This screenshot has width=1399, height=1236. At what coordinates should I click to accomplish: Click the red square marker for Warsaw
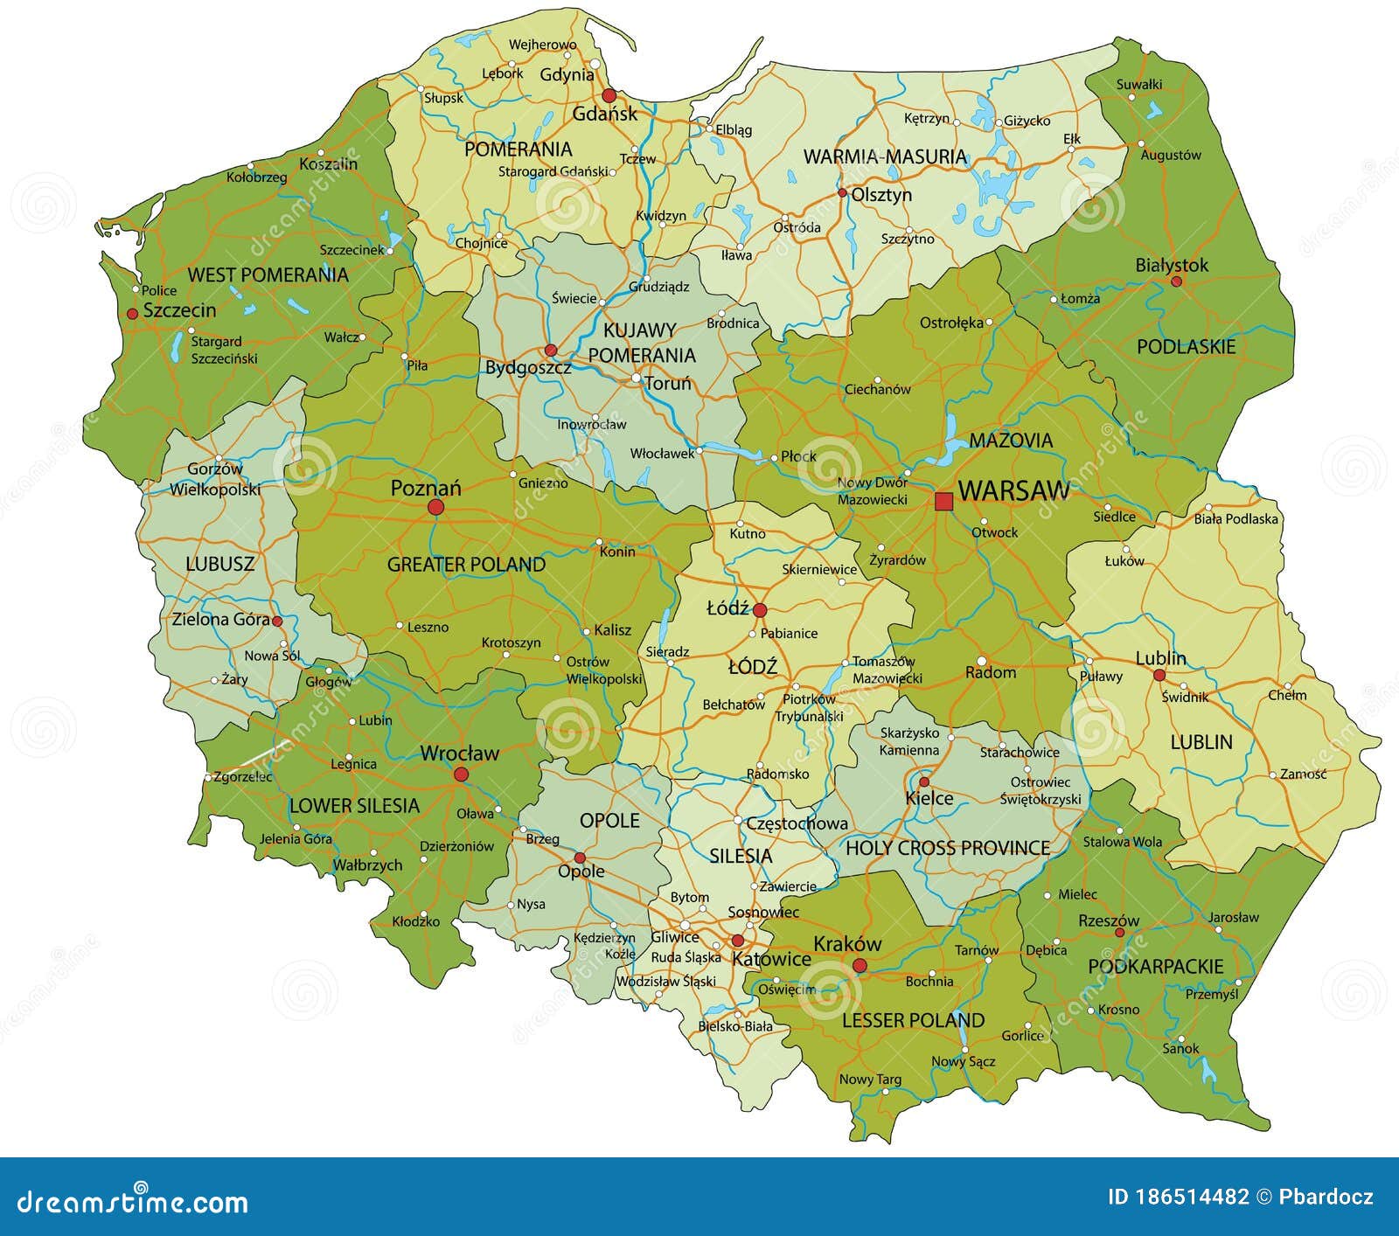pyautogui.click(x=943, y=501)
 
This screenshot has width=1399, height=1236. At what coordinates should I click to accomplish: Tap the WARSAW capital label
pyautogui.click(x=1013, y=490)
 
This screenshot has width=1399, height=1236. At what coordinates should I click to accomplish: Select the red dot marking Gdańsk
pyautogui.click(x=609, y=96)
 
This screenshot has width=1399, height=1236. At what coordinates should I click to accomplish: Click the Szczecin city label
pyautogui.click(x=179, y=309)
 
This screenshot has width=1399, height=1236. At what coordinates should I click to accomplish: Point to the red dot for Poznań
pyautogui.click(x=435, y=507)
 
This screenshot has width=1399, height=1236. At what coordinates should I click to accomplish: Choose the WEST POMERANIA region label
pyautogui.click(x=268, y=274)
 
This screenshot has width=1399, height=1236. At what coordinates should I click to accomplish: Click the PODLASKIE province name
pyautogui.click(x=1186, y=347)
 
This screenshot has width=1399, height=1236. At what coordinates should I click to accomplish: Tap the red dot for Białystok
pyautogui.click(x=1176, y=281)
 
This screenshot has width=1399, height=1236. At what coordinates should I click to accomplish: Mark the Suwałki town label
pyautogui.click(x=1139, y=84)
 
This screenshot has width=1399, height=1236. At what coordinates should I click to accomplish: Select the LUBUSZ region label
pyautogui.click(x=220, y=564)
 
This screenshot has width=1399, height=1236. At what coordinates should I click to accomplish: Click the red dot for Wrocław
pyautogui.click(x=461, y=774)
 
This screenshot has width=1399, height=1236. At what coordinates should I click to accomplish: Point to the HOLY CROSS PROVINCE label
pyautogui.click(x=948, y=847)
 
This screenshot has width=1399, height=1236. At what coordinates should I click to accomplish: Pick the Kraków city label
pyautogui.click(x=847, y=943)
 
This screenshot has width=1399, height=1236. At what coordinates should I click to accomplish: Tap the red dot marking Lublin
pyautogui.click(x=1159, y=675)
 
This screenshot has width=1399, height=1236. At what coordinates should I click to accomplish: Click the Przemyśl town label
pyautogui.click(x=1212, y=994)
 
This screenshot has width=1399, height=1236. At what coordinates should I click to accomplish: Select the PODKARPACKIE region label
pyautogui.click(x=1155, y=966)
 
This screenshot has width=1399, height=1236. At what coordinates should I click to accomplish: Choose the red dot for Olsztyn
pyautogui.click(x=842, y=193)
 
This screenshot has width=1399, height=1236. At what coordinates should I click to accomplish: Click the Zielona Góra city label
pyautogui.click(x=220, y=619)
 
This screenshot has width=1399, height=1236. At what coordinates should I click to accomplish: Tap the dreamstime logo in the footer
pyautogui.click(x=126, y=1203)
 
